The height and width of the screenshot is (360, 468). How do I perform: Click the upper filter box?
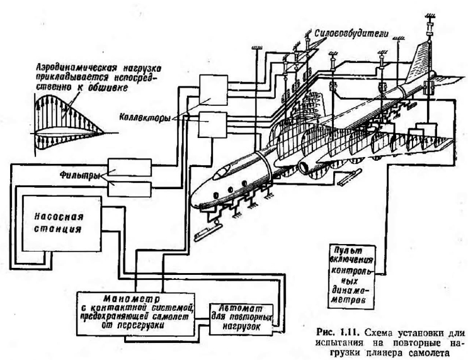tap(129, 166)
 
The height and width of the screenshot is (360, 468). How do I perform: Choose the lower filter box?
tap(129, 188)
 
